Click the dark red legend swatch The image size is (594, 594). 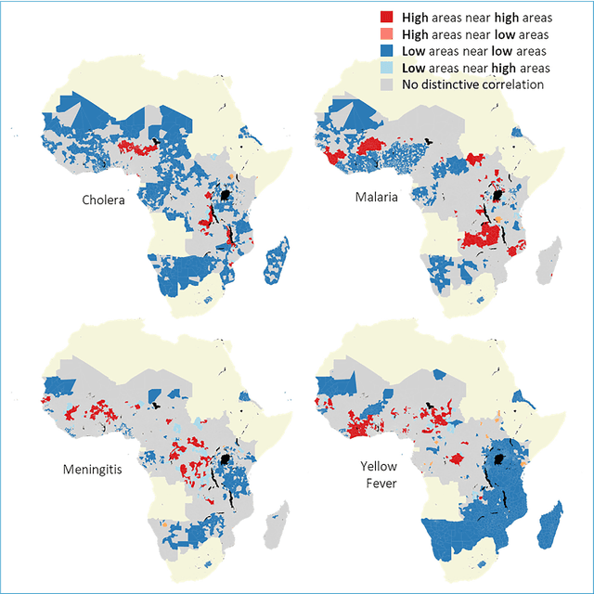coord(386,18)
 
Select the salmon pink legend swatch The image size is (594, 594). coord(386,34)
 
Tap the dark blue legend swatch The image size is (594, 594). coord(386,51)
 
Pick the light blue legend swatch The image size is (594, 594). coord(386,68)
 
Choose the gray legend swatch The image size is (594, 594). coord(386,84)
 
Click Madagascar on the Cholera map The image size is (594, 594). coord(277,261)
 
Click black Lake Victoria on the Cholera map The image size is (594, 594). coord(226,196)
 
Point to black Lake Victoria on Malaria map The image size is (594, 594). coord(499,196)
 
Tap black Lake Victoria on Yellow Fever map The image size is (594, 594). coord(501,461)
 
